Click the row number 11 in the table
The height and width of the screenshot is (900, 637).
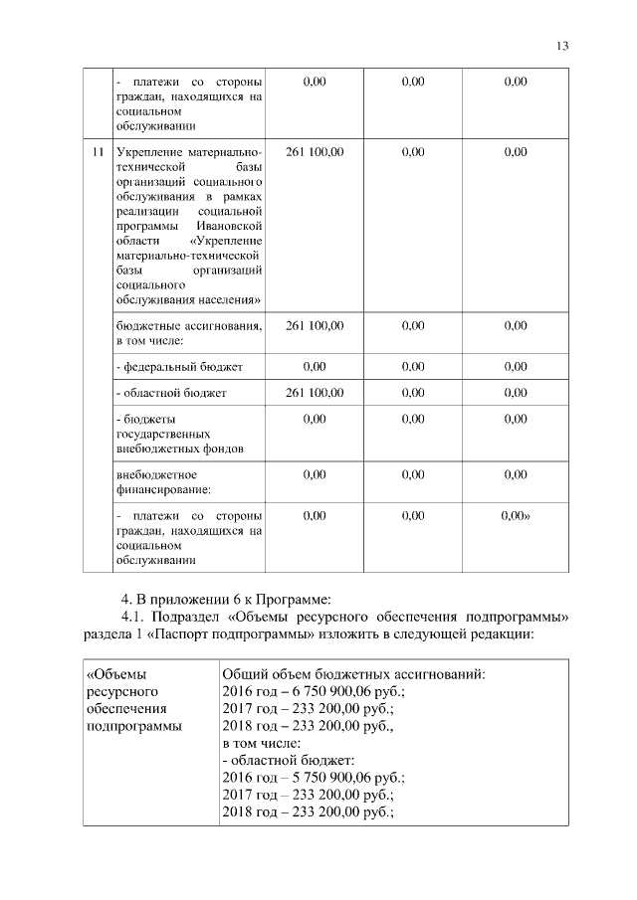point(97,152)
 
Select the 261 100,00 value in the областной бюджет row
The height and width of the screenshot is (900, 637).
point(315,393)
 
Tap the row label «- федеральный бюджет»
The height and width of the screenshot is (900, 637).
point(179,367)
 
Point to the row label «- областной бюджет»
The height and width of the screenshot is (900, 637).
point(172,393)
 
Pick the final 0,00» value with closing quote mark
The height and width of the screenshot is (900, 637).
point(516,516)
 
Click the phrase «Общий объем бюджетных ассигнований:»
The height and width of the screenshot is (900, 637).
point(353,675)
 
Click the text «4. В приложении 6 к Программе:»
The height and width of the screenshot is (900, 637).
point(224,599)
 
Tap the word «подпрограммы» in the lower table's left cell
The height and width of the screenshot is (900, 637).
point(134,727)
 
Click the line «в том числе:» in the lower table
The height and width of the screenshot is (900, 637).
point(261,744)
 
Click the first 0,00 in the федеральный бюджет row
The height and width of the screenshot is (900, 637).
point(315,367)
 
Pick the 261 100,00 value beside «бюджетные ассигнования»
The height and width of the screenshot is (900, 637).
point(315,325)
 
